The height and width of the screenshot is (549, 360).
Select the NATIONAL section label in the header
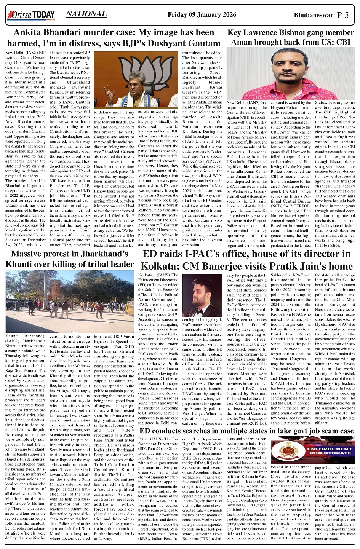[86, 14]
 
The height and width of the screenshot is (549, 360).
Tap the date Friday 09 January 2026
[202, 15]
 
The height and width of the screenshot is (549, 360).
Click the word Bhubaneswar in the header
[313, 15]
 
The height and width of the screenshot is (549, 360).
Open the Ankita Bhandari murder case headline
[114, 38]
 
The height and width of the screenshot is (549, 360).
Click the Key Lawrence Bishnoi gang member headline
[291, 37]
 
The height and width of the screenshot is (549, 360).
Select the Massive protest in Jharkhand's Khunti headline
[70, 259]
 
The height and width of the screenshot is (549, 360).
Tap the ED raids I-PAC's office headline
[246, 260]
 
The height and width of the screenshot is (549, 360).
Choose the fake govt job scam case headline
[246, 431]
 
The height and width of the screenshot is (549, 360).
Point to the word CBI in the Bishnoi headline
[341, 42]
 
